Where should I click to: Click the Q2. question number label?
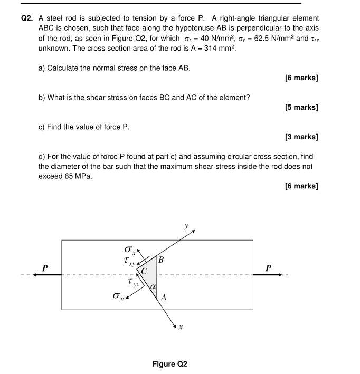pos(27,18)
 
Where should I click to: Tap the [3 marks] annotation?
pos(301,137)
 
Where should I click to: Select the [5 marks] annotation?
pos(301,108)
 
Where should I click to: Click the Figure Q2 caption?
pos(169,364)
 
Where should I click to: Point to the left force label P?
pos(45,268)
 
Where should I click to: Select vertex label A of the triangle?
pos(163,298)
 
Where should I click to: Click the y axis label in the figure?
pos(186,226)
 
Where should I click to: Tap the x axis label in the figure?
pos(181,327)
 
